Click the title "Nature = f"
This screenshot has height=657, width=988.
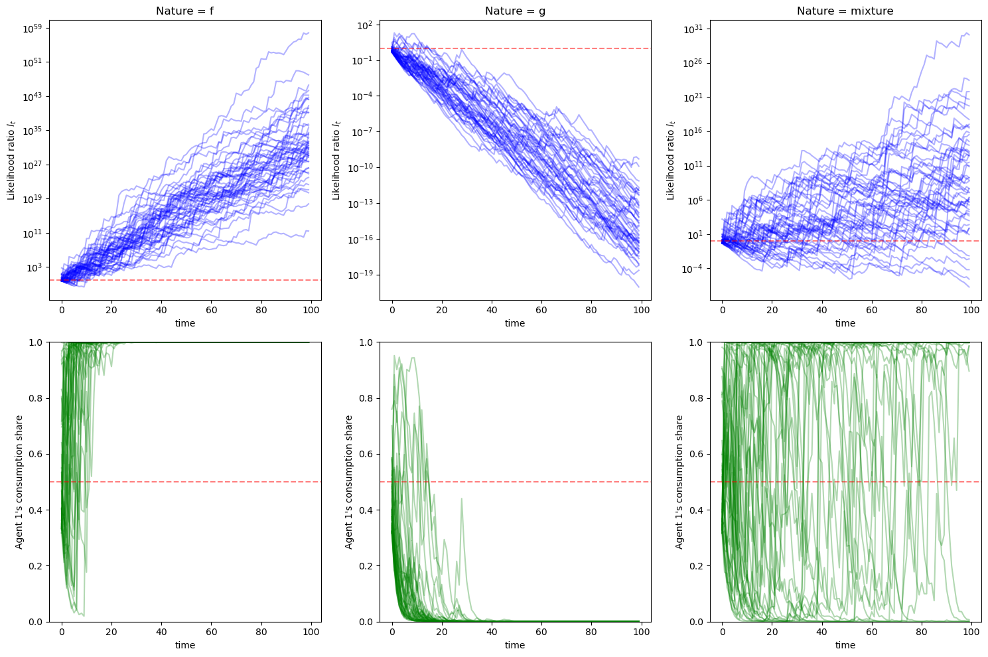(x=184, y=11)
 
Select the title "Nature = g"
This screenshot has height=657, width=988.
(x=515, y=11)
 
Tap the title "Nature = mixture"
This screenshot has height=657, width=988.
(x=845, y=11)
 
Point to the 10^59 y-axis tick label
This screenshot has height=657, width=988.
(x=33, y=28)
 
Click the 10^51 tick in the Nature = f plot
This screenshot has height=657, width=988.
(x=33, y=62)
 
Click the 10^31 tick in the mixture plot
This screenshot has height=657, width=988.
(x=693, y=29)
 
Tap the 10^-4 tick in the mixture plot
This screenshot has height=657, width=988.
(x=693, y=269)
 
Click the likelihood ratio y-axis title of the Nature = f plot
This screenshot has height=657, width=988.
(x=11, y=159)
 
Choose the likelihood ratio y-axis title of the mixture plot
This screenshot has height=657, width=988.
(x=671, y=159)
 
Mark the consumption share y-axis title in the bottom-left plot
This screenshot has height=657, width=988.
(x=19, y=482)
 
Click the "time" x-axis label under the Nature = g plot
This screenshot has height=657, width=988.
(x=515, y=323)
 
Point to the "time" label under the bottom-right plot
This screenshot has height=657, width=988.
(x=845, y=645)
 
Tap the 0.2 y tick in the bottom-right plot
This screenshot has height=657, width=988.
(x=697, y=566)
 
